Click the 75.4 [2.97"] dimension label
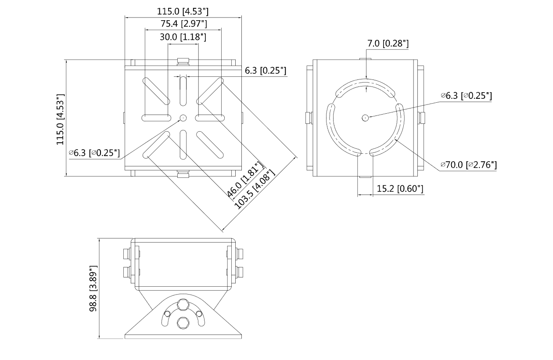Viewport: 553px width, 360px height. (183, 24)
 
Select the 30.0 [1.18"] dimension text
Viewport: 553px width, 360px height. (183, 37)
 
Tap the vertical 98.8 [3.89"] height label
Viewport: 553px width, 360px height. (93, 288)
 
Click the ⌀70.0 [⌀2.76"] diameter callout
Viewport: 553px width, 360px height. (469, 165)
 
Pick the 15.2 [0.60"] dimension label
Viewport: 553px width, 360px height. (400, 189)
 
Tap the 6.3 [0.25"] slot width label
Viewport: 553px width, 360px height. (266, 71)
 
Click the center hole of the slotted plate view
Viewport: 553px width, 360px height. (183, 118)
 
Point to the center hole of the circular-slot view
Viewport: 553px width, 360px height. (365, 117)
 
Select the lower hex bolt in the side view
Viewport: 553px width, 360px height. (183, 324)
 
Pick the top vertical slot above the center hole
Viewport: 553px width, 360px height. (183, 90)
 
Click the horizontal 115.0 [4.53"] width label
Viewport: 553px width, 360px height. (183, 11)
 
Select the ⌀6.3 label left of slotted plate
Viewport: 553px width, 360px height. (94, 153)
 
